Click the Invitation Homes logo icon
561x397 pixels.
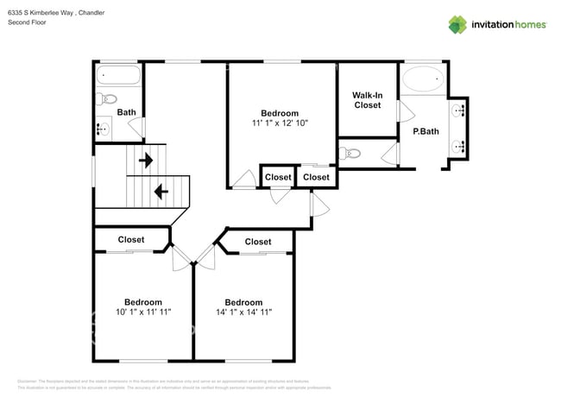tap(457, 24)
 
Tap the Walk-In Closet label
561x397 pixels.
tap(367, 99)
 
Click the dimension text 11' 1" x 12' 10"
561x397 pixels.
tap(280, 123)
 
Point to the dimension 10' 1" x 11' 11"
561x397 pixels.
tap(143, 312)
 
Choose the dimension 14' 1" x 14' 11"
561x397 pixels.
tap(243, 312)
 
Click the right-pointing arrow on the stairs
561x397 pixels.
tap(146, 160)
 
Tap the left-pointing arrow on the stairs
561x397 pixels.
tap(159, 190)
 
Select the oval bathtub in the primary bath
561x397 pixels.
tap(423, 80)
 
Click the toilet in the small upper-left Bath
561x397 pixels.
tap(101, 98)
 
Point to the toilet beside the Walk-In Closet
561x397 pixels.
tap(350, 154)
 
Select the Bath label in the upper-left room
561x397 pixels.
tap(126, 112)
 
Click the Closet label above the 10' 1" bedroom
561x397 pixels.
tap(130, 239)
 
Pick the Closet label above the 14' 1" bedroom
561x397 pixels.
tap(257, 242)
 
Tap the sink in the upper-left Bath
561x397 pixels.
tap(103, 129)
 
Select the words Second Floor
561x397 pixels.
tap(27, 22)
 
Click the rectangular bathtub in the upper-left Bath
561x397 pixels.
tap(118, 75)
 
